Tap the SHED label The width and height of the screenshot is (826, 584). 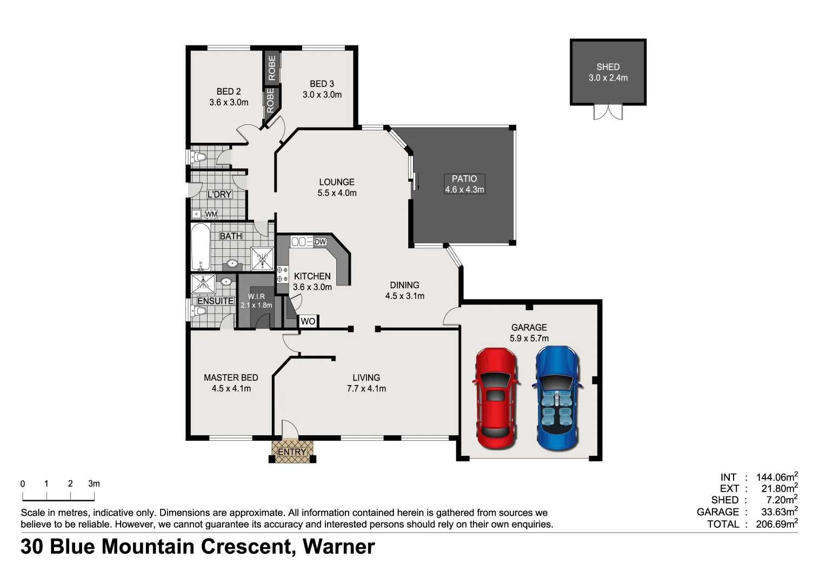click(608, 67)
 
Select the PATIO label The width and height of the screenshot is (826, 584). click(464, 179)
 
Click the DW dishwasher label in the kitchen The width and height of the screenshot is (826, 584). click(320, 242)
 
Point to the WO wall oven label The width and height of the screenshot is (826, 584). click(308, 321)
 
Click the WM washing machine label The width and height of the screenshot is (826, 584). click(211, 214)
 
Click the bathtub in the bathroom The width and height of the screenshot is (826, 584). click(200, 247)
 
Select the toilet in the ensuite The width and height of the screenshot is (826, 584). click(198, 311)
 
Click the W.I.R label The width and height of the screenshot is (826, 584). click(256, 296)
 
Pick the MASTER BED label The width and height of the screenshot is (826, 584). click(231, 377)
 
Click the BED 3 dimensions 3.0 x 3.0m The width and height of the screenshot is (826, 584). click(322, 95)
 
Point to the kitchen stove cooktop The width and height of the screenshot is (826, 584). click(282, 274)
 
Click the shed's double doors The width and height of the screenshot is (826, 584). click(608, 112)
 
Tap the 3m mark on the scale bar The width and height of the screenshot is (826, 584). click(94, 484)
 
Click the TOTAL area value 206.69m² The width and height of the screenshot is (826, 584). click(776, 524)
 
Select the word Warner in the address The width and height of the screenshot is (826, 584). click(338, 547)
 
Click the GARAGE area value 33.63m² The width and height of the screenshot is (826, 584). click(776, 512)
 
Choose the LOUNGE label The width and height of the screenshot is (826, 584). click(336, 182)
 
